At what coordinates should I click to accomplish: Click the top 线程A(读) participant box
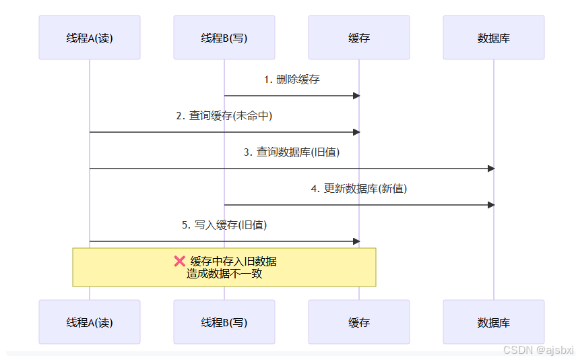90,38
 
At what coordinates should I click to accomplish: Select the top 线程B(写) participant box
224,38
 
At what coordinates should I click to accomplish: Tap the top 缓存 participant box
359,38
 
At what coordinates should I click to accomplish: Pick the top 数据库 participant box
494,38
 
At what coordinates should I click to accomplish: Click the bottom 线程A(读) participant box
90,322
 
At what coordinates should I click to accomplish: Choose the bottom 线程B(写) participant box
224,322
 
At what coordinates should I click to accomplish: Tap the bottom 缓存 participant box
359,322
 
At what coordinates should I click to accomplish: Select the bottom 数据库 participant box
494,322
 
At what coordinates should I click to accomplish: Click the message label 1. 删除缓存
292,80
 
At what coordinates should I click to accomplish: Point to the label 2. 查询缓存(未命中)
224,116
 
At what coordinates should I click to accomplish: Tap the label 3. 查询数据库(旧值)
292,152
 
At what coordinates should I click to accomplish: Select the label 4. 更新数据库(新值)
359,189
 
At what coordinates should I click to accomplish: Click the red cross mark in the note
180,262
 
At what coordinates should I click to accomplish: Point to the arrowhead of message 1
357,96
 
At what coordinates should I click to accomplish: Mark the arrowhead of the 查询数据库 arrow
492,169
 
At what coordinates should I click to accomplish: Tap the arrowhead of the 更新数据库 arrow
492,205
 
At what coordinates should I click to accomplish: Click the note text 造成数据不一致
224,274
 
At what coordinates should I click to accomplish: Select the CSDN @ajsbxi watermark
538,350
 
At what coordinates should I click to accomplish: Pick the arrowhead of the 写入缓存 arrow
357,241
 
